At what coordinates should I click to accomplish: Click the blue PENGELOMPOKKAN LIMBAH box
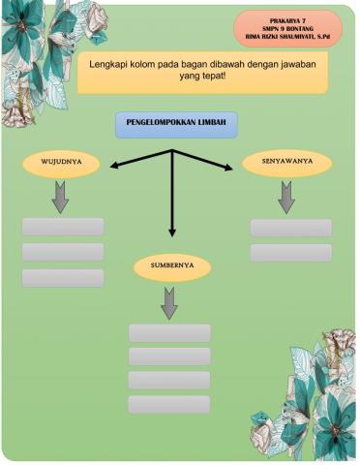coord(175,123)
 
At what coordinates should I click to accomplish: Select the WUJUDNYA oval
coord(62,164)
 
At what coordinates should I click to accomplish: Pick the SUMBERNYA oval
coord(170,264)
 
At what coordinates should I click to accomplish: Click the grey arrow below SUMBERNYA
coord(169,303)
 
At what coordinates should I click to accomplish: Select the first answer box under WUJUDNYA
coord(63,227)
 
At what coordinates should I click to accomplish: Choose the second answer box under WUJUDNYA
coord(63,252)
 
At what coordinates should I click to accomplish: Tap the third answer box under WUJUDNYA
coord(63,278)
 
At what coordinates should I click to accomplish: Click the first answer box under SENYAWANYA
coord(290,228)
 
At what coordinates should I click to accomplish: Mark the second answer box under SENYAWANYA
coord(290,253)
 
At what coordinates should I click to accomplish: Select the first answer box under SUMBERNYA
coord(169,333)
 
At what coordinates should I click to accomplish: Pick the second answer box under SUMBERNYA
coord(169,356)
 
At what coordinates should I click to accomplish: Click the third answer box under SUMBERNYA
coord(169,381)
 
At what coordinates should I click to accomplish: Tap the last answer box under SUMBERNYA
coord(169,405)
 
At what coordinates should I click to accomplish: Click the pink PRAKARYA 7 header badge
coord(287,29)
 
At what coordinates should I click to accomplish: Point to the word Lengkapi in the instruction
coord(109,64)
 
